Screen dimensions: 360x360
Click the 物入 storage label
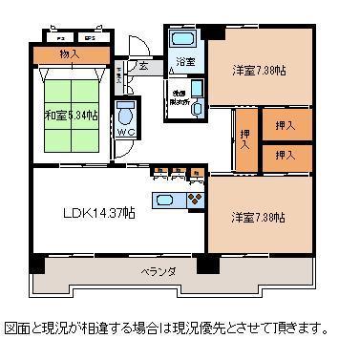(69, 53)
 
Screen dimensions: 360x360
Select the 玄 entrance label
(141, 67)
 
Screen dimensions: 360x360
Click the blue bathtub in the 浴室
(180, 41)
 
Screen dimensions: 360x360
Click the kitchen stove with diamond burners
(196, 200)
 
